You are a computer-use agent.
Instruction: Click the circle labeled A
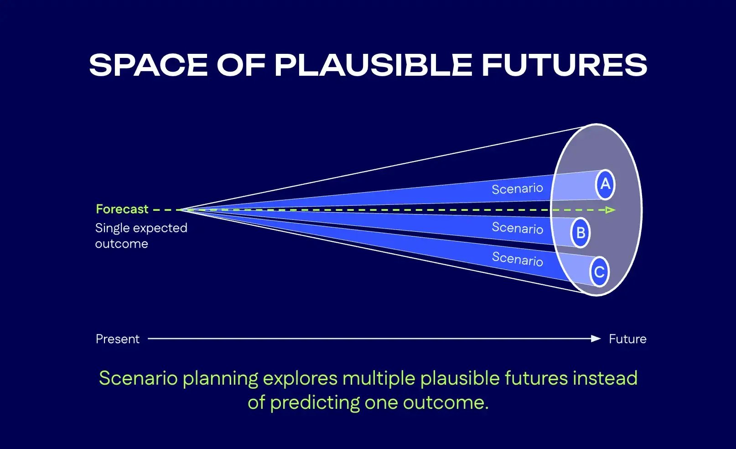[605, 184]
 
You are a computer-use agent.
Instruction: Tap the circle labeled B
[580, 233]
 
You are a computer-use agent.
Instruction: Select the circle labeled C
[599, 272]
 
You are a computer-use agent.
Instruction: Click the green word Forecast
[122, 209]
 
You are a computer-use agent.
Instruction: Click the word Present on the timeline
[117, 339]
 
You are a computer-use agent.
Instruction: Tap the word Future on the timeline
[627, 339]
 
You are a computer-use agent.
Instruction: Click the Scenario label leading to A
[517, 188]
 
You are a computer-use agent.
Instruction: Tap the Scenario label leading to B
[517, 228]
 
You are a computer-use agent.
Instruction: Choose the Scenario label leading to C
[517, 259]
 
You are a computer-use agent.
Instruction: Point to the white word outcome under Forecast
[121, 244]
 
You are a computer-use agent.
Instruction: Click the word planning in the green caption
[221, 378]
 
